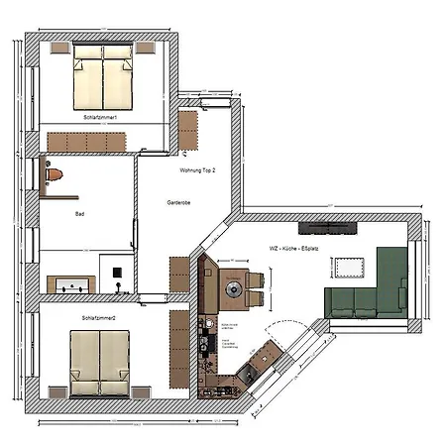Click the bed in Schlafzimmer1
102,83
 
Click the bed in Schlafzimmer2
99,362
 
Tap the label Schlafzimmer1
101,118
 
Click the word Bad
79,213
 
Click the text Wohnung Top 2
197,170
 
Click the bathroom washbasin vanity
71,285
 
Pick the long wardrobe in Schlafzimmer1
87,143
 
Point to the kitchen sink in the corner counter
246,374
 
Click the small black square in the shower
117,273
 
